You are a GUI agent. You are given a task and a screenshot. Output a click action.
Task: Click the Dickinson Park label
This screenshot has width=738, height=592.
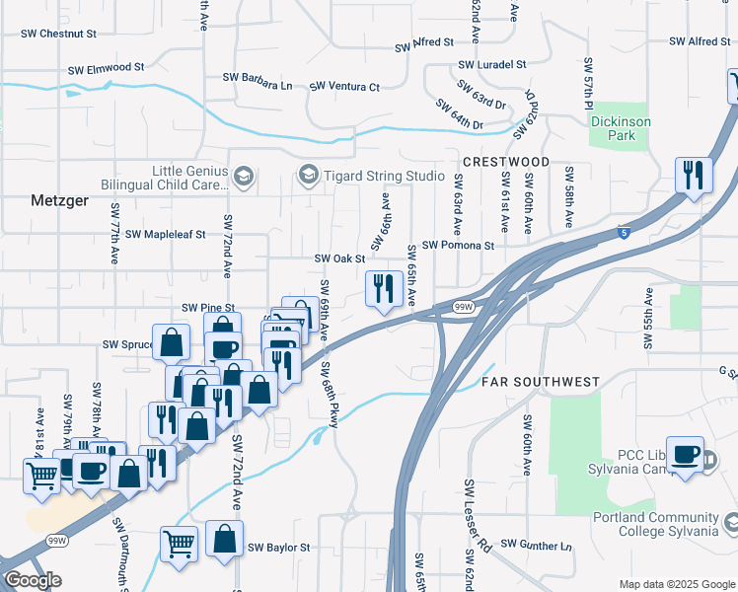point(620,128)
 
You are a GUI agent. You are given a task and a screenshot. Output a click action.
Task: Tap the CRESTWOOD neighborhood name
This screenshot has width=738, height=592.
point(505,161)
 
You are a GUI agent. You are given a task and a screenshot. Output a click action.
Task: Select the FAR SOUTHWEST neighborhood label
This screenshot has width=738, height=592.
point(541,381)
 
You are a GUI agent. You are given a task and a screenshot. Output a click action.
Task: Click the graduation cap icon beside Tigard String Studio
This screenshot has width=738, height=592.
point(309,176)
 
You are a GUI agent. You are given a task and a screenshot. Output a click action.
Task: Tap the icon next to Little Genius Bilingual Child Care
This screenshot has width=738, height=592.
point(244,178)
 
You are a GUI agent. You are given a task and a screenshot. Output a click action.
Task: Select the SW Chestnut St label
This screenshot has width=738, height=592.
point(59,33)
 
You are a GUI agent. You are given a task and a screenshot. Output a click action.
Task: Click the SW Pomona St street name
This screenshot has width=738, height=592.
point(457,245)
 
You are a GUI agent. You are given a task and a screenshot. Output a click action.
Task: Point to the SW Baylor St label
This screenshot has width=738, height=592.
point(278,547)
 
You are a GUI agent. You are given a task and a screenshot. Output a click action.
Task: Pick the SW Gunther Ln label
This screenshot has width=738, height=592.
point(536,544)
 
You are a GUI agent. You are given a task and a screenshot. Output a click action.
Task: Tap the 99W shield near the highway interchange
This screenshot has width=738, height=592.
point(463,308)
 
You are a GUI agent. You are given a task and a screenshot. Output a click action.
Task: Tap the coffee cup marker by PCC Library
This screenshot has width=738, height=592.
point(685,454)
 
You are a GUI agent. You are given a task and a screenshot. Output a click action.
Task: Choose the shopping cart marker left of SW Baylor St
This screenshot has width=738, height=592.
point(179,543)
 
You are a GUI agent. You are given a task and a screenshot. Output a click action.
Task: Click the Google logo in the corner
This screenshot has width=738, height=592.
point(33,580)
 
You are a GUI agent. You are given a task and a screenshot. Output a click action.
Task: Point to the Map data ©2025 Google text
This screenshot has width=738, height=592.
point(676,584)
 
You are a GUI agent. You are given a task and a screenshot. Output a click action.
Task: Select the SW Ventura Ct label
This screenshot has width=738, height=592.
point(344,87)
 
